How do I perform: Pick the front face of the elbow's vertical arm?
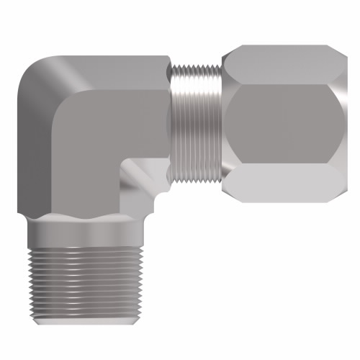point(94,151)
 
